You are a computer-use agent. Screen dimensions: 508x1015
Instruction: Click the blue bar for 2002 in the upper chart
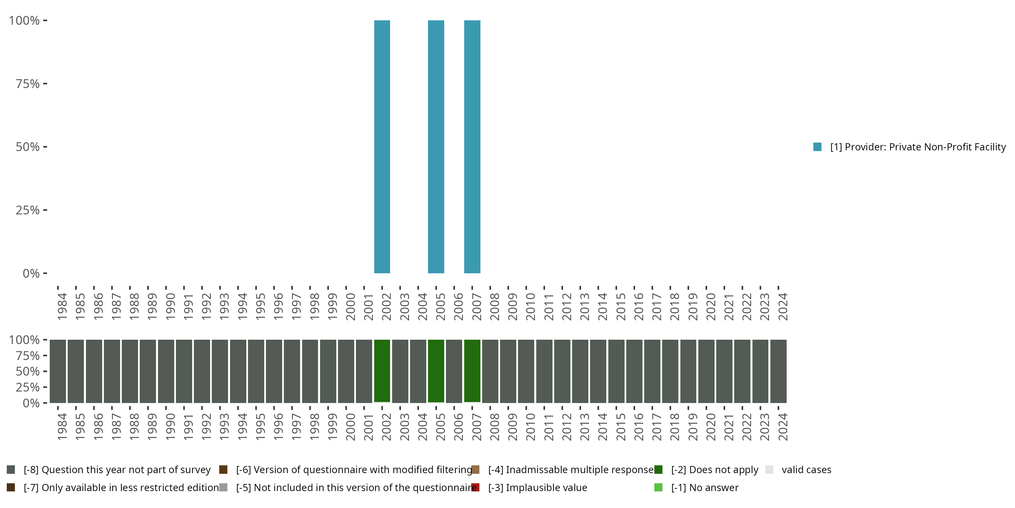click(x=382, y=147)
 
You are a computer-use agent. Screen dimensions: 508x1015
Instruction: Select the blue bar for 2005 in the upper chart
click(x=436, y=147)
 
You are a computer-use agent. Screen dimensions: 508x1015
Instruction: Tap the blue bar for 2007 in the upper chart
click(x=472, y=147)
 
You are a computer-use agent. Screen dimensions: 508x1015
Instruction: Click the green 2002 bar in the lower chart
click(x=382, y=371)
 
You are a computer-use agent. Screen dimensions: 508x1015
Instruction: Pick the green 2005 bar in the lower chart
click(x=436, y=371)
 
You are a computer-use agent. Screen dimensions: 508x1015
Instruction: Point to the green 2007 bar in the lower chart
click(x=472, y=371)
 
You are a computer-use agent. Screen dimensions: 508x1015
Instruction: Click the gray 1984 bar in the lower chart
click(x=58, y=371)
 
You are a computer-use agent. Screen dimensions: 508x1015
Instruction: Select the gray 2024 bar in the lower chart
click(x=778, y=371)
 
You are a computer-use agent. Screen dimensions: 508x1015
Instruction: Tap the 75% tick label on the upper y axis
click(x=28, y=84)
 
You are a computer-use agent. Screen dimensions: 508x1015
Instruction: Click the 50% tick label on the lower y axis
click(x=28, y=371)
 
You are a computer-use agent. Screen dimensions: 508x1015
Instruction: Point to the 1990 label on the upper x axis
click(x=170, y=306)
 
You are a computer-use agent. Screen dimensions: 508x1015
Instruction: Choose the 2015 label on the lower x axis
click(x=621, y=427)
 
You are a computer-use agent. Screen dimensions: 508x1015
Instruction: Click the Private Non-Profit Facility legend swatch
click(x=817, y=147)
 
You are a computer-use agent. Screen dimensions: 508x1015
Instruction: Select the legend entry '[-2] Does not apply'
click(x=714, y=470)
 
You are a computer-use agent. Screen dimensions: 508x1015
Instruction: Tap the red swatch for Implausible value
click(x=476, y=487)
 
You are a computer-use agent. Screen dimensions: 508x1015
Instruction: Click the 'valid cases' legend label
click(x=806, y=470)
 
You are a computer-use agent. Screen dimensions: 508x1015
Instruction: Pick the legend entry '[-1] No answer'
click(x=704, y=487)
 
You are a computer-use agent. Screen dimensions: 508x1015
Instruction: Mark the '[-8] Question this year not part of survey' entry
click(x=117, y=470)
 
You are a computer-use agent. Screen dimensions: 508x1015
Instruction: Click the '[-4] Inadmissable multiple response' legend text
click(x=570, y=470)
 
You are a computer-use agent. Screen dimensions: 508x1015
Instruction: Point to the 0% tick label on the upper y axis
click(x=31, y=273)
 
